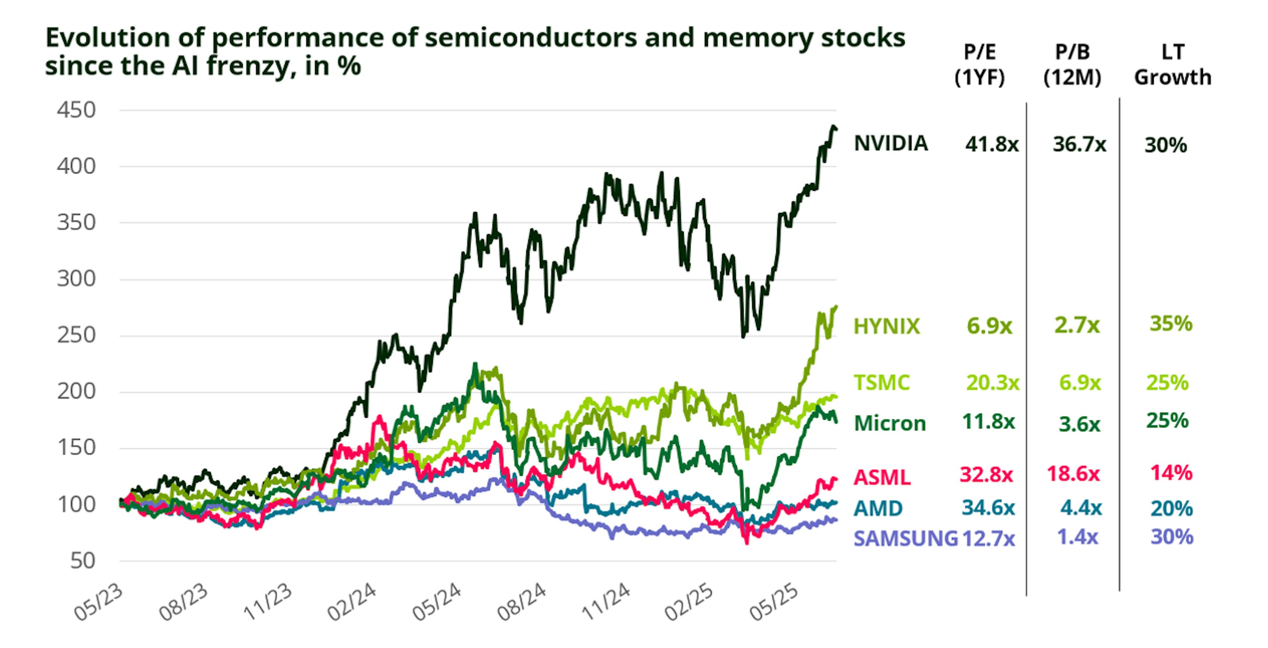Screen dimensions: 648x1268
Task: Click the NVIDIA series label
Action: pyautogui.click(x=891, y=143)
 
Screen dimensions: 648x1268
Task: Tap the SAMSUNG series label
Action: pyautogui.click(x=905, y=539)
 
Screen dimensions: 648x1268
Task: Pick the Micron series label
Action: pyautogui.click(x=890, y=423)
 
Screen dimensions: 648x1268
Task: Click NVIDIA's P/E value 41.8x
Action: pyautogui.click(x=991, y=144)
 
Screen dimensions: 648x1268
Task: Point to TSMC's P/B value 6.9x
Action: pyautogui.click(x=1079, y=383)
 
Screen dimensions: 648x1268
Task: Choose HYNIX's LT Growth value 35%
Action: pyautogui.click(x=1171, y=324)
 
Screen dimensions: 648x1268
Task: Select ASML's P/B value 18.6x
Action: pyautogui.click(x=1073, y=474)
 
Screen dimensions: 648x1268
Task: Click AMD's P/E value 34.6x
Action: pyautogui.click(x=988, y=507)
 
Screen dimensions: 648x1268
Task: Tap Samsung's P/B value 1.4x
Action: pyautogui.click(x=1077, y=537)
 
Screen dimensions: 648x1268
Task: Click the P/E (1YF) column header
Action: pyautogui.click(x=979, y=64)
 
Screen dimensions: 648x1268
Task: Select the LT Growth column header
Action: pyautogui.click(x=1173, y=64)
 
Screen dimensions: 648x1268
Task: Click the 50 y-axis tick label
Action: pyautogui.click(x=83, y=561)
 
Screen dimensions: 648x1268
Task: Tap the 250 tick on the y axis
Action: pyautogui.click(x=76, y=335)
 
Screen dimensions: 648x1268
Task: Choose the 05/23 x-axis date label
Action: pyautogui.click(x=98, y=603)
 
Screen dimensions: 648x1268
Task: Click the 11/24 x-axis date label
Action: pyautogui.click(x=606, y=603)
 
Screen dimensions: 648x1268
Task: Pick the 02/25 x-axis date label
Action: pyautogui.click(x=689, y=603)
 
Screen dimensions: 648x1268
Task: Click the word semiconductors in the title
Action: pyautogui.click(x=510, y=37)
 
